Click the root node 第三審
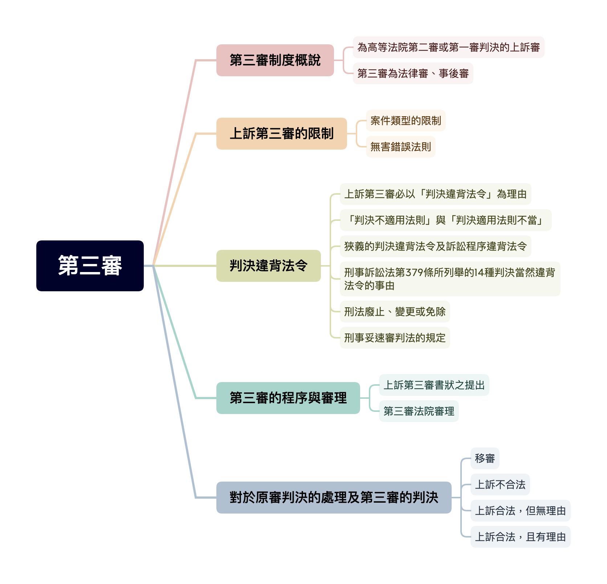pos(90,265)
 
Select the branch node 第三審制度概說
pos(275,60)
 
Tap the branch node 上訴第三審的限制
pos(281,134)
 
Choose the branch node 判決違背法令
pos(268,266)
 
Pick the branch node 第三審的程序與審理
pos(288,398)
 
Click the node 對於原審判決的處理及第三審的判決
pos(334,498)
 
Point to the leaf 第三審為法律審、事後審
pos(413,74)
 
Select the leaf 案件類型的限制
pos(406,121)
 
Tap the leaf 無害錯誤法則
pos(400,147)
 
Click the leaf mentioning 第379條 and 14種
pos(449,279)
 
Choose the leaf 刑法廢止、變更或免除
pos(395,312)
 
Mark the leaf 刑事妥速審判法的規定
pos(395,338)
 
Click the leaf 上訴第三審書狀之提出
pos(434,385)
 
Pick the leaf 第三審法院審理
pos(419,411)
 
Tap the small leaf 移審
pos(485,458)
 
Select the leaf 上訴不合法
pos(500,484)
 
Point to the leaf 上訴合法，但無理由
pos(520,511)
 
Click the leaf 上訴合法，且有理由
pos(520,537)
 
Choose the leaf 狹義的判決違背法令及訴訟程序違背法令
pos(435,246)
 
